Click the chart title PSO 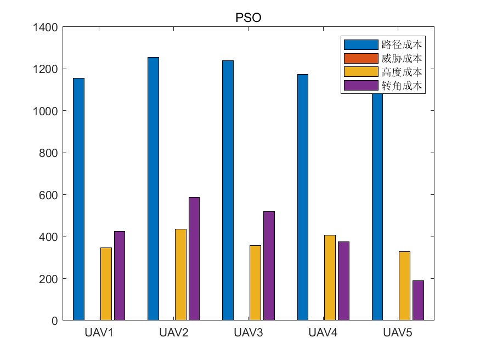pos(249,17)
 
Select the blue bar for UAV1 pos(78,199)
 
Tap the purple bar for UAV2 pos(194,258)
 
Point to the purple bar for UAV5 pos(418,300)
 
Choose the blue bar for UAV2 pos(153,189)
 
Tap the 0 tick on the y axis pos(55,320)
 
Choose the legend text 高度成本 pos(402,72)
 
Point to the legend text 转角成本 pos(402,86)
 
